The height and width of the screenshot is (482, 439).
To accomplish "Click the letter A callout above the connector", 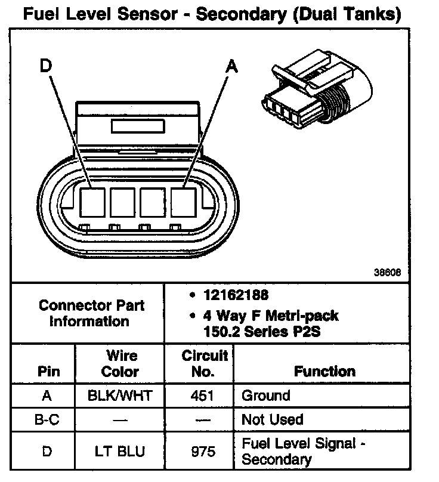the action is click(x=231, y=67).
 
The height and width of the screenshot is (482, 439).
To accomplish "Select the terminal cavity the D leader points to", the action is click(x=92, y=202).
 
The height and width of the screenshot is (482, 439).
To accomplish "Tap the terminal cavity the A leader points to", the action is click(x=184, y=202).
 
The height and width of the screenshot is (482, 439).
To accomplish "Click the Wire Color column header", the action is click(x=119, y=363).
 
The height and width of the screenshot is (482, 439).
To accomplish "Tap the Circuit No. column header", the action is click(x=204, y=363).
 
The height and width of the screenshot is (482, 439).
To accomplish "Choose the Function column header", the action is click(x=324, y=371).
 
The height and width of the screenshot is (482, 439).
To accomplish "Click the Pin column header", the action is click(x=49, y=371).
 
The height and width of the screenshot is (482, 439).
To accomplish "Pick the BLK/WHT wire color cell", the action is click(x=119, y=396).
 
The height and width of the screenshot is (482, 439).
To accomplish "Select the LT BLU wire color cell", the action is click(x=119, y=451).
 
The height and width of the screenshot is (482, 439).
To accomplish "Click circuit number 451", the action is click(x=203, y=396).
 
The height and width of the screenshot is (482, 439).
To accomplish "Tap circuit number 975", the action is click(x=203, y=451).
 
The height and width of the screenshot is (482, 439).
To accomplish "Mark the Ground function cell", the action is click(x=265, y=396).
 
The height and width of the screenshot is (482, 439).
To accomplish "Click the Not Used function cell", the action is click(x=272, y=420).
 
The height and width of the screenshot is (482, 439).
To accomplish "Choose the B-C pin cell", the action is click(x=47, y=420).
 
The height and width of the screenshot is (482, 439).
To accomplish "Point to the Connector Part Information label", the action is click(x=91, y=313).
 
